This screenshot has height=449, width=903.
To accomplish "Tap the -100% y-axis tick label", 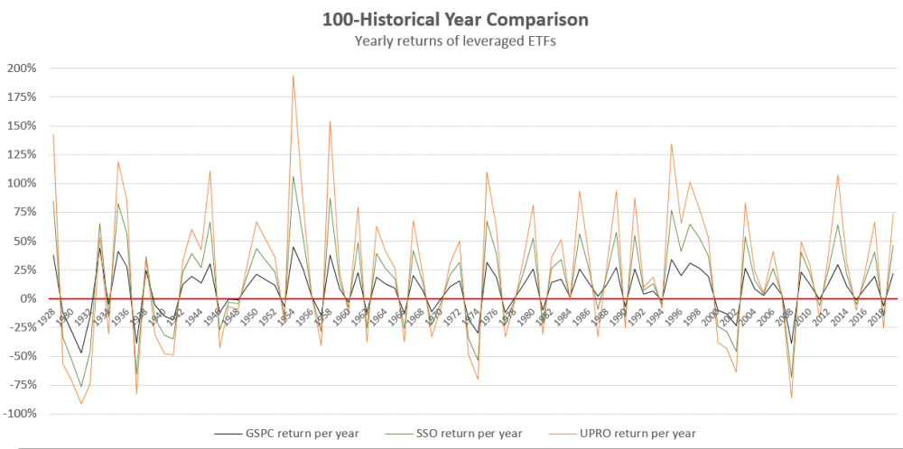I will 22,414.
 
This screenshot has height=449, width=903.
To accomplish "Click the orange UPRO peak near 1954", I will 293,76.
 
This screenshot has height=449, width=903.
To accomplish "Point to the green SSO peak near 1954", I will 293,176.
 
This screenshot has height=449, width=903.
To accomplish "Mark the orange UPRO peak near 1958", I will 330,121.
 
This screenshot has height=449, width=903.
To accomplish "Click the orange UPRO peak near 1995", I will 671,144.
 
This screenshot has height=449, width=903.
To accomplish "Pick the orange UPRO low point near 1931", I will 81,403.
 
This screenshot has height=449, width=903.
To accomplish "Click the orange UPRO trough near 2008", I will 792,398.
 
